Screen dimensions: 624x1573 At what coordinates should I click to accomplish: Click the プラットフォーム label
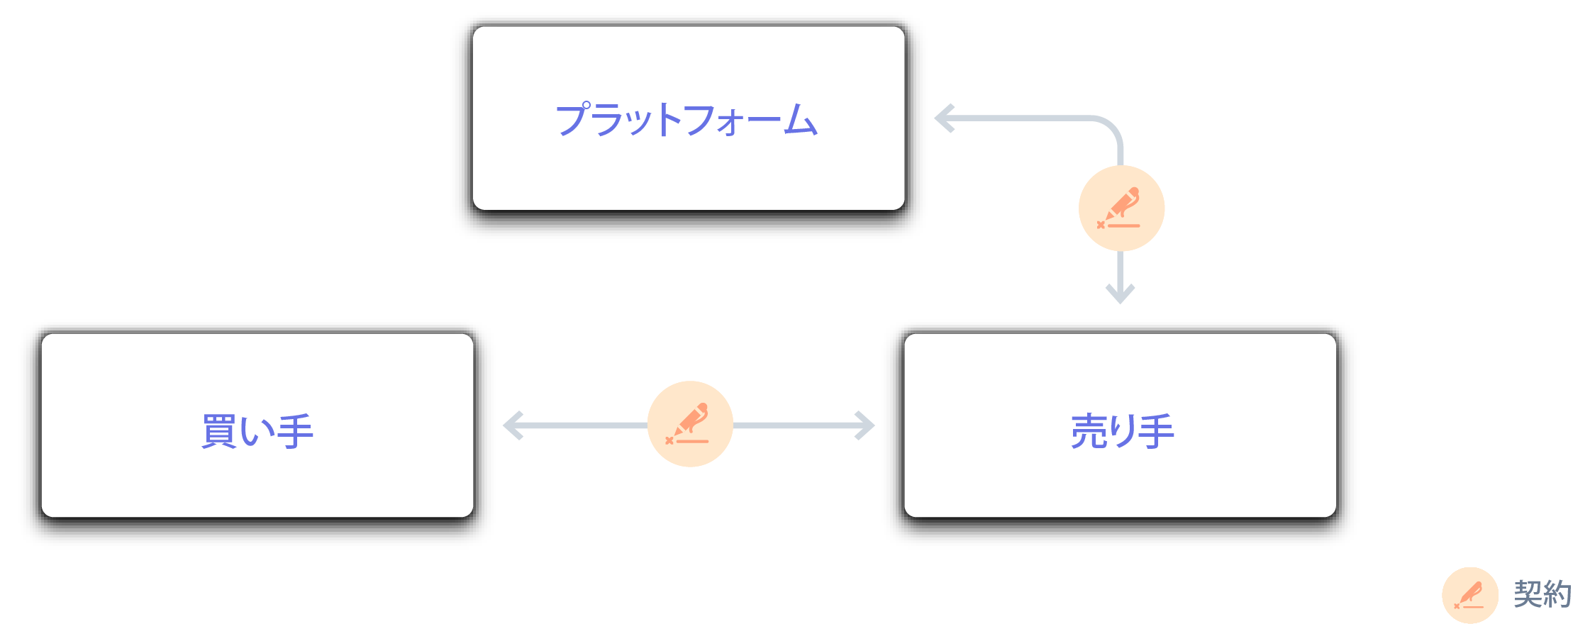687,119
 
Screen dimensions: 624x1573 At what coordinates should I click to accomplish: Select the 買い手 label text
257,431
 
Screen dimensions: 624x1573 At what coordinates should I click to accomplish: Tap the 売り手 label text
1122,431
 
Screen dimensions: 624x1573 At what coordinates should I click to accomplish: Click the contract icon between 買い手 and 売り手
689,424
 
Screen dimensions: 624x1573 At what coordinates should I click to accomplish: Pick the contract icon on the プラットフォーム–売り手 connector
1121,208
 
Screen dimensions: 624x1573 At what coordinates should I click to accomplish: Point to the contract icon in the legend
1469,595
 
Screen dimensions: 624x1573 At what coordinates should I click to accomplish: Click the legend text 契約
1542,594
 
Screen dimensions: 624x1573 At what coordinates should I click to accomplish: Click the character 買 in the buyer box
219,431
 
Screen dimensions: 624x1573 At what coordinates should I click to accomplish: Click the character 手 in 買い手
295,431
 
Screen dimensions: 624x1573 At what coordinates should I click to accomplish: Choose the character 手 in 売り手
1156,431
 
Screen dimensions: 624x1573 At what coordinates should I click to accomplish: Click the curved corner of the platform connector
1111,128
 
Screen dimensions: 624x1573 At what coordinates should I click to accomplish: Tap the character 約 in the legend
1557,594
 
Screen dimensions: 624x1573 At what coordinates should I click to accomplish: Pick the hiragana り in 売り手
1123,431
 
